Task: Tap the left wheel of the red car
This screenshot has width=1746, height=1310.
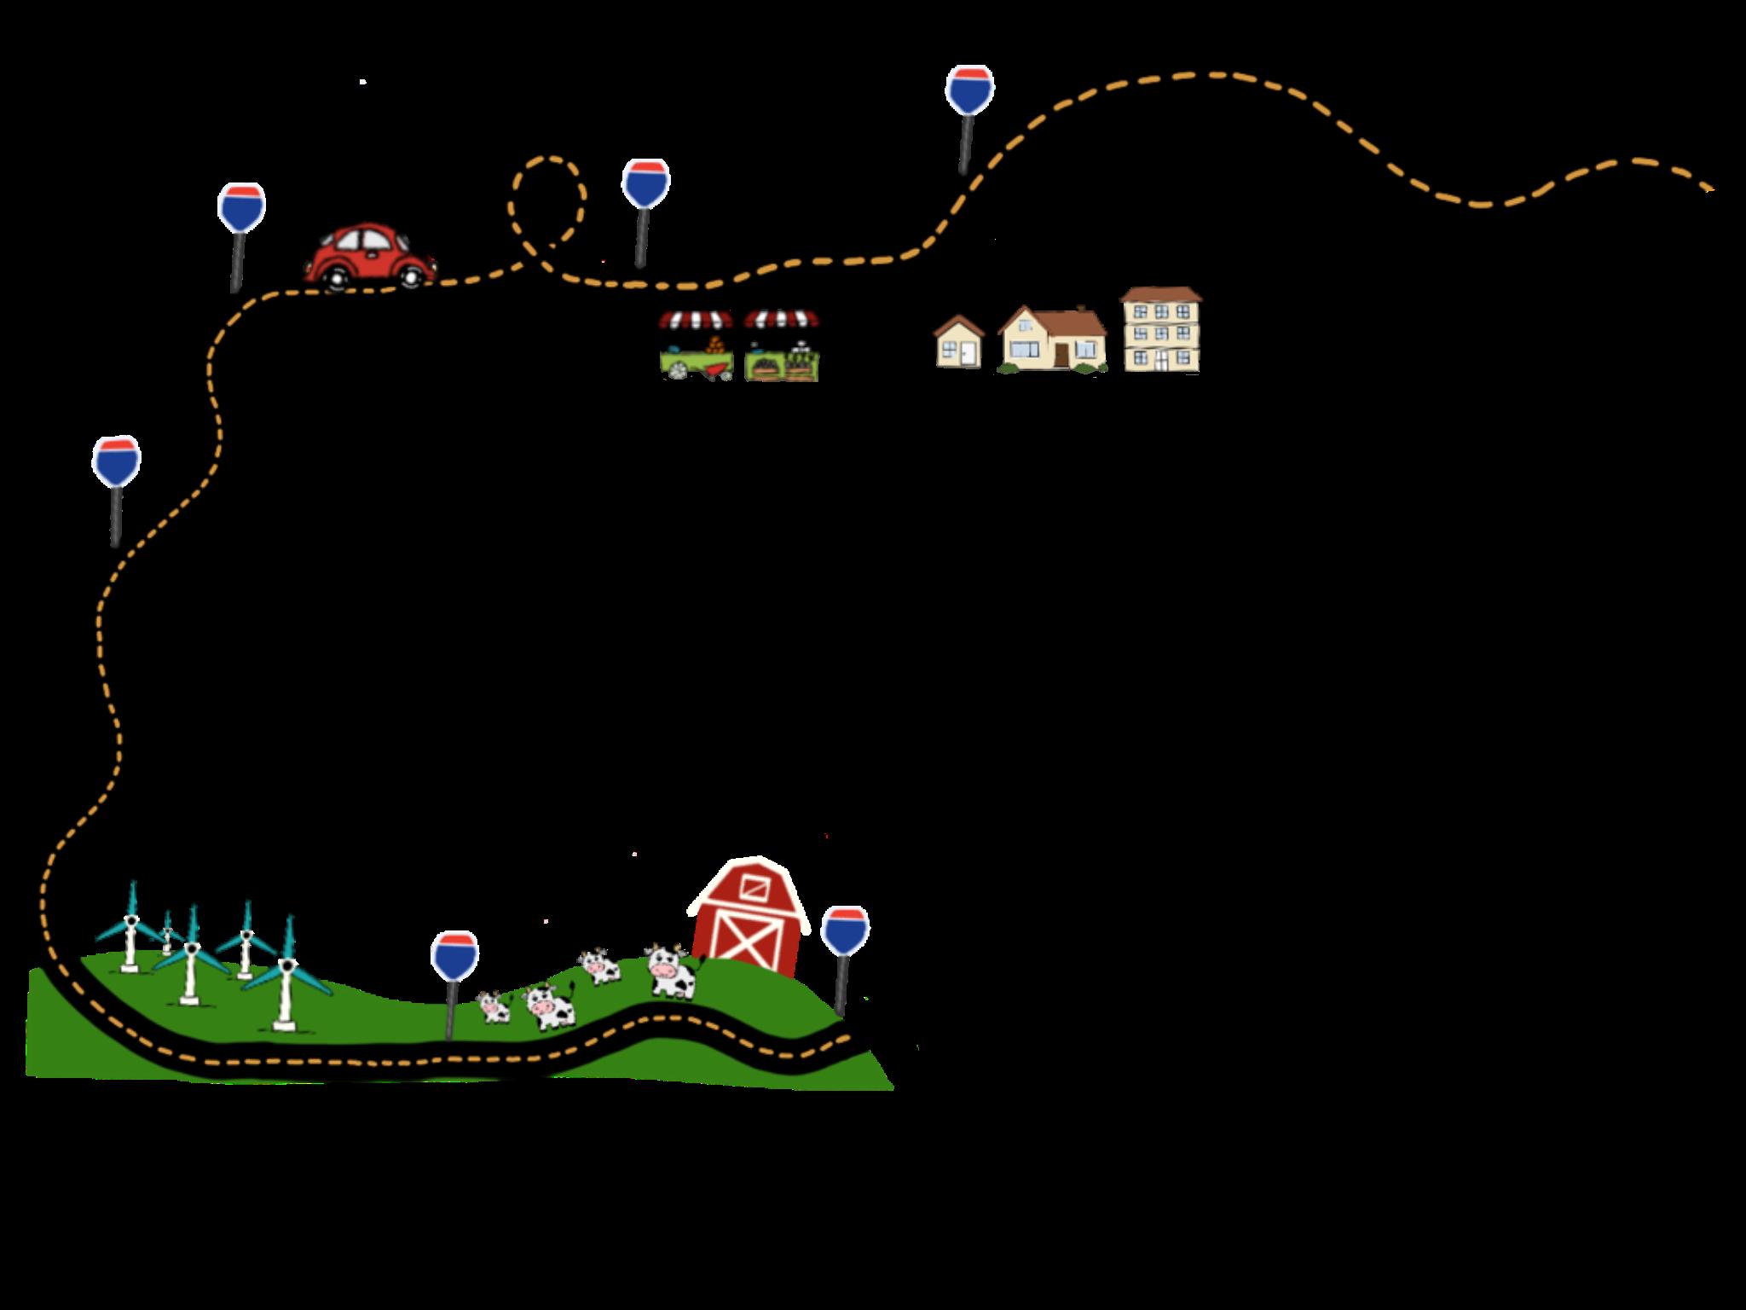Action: (x=337, y=276)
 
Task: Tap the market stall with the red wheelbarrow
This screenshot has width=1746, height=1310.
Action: (x=696, y=345)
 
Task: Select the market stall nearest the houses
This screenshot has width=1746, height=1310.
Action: (x=781, y=345)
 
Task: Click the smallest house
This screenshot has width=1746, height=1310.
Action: (x=959, y=343)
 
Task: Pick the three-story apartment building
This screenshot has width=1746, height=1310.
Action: (x=1160, y=330)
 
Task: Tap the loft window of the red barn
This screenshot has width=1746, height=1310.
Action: (x=753, y=887)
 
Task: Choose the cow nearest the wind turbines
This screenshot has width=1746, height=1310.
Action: (x=494, y=1007)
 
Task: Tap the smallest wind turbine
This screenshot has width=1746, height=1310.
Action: (x=167, y=935)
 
